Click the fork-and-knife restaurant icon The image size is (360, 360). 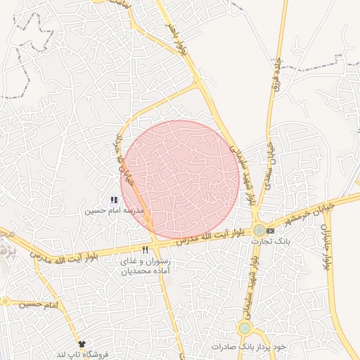pos(146,250)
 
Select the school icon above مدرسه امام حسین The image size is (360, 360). pos(114,200)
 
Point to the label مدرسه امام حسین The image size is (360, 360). pos(115,211)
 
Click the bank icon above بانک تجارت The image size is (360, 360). pos(271,231)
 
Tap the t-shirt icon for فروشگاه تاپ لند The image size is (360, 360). pos(82,344)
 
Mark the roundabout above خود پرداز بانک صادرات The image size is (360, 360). pos(245,328)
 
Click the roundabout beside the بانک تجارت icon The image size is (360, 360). pos(259,230)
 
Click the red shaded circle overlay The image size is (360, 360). pos(181,179)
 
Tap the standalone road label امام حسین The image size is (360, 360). pos(38,304)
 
